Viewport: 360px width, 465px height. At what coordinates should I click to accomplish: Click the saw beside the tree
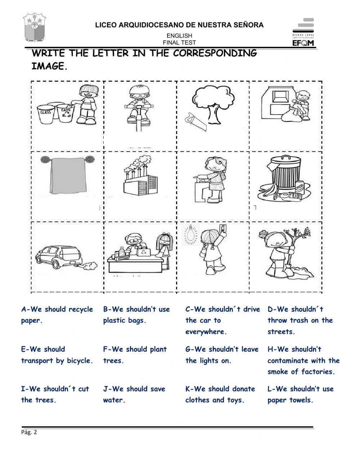point(195,122)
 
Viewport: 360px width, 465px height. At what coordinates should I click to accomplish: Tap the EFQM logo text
point(303,43)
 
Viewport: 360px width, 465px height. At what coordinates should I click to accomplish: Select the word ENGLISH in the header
point(179,36)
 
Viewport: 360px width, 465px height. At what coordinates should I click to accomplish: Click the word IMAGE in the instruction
point(49,67)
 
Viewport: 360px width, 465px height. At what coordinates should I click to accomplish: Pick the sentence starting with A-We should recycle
point(57,315)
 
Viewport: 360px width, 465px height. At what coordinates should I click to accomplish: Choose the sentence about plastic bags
point(136,315)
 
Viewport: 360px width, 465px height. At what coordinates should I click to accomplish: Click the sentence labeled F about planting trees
point(135,355)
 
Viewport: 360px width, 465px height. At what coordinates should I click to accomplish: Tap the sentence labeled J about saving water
point(134,394)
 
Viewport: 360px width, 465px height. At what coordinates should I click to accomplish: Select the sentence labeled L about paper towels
point(300,394)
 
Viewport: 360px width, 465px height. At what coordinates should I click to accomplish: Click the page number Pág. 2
point(29,433)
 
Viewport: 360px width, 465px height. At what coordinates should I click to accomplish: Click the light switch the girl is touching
point(224,228)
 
